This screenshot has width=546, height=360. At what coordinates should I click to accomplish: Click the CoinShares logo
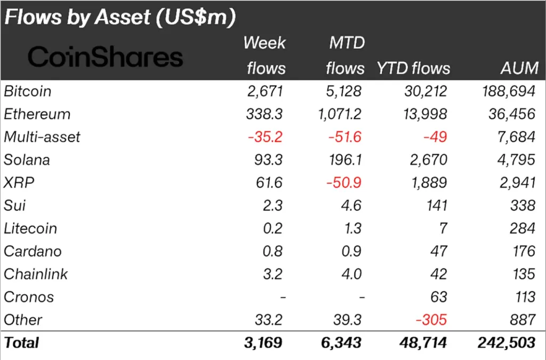105,57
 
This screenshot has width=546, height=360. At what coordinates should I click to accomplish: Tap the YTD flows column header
413,68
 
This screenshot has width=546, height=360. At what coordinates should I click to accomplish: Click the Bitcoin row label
28,91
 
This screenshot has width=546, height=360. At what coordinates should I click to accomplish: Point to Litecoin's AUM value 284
521,228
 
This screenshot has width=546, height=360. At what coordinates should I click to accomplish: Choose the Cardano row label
33,251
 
